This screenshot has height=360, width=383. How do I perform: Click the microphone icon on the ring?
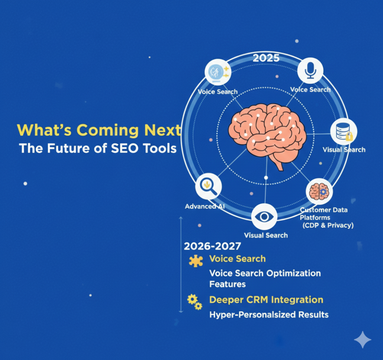[310, 70]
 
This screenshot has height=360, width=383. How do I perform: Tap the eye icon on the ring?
[264, 217]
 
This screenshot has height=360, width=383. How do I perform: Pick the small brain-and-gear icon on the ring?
[319, 191]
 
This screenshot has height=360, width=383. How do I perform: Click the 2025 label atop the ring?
[266, 58]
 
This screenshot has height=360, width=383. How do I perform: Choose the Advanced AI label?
[205, 206]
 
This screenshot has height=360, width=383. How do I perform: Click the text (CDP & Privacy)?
[328, 225]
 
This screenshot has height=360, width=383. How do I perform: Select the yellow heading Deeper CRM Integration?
[266, 300]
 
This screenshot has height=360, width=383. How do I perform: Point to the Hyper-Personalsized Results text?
[269, 314]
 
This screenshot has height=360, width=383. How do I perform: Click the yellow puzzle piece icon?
[196, 260]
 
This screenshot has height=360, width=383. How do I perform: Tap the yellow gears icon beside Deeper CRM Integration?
[194, 302]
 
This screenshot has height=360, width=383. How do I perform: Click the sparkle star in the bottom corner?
[362, 340]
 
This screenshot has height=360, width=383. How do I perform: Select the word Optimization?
[293, 273]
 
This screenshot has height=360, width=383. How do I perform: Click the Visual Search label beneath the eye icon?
[266, 235]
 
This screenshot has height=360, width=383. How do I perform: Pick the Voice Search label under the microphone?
[310, 89]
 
